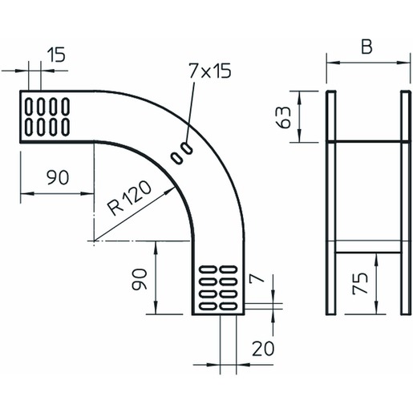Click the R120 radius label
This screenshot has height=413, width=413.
(129, 198)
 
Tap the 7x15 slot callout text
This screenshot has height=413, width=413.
(209, 71)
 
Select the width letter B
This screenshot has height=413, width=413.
(366, 47)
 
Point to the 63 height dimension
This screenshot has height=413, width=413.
(284, 117)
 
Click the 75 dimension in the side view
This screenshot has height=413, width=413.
(360, 284)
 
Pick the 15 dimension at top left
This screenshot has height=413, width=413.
(56, 55)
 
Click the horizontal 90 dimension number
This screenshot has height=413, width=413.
(58, 177)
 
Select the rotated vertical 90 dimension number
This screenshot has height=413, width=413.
(140, 279)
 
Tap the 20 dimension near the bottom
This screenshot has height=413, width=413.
(263, 348)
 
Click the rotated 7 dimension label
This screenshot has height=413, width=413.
(257, 278)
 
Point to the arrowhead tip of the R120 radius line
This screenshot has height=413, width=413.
(175, 188)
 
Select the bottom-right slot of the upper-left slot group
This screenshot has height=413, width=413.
(66, 127)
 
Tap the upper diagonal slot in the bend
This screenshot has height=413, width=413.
(187, 148)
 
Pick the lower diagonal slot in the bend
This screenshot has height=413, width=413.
(177, 158)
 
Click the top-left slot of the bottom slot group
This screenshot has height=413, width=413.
(209, 269)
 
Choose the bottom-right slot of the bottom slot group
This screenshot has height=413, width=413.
(228, 306)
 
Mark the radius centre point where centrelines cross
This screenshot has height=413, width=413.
(94, 241)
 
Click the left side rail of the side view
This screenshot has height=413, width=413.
(330, 203)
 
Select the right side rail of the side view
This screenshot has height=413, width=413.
(406, 203)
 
